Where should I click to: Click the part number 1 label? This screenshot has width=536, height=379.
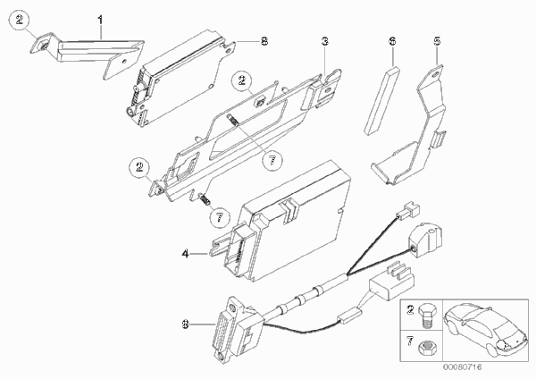(x=100, y=21)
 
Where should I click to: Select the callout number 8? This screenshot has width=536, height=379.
(x=264, y=41)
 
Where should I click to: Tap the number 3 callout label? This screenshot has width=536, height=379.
(x=325, y=41)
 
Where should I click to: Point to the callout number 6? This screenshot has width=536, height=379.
(x=392, y=41)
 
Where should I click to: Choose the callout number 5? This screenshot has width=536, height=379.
(x=437, y=41)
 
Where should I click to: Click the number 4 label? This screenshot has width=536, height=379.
(x=185, y=254)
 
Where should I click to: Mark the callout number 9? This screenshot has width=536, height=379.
(x=185, y=324)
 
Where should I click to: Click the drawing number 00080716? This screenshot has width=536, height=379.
(x=462, y=367)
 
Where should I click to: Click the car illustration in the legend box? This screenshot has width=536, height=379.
(x=485, y=330)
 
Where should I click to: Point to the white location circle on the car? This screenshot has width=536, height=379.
(x=501, y=345)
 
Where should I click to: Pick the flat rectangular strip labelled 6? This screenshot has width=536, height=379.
(x=381, y=100)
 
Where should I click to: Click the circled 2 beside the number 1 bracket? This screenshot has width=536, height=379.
(x=20, y=21)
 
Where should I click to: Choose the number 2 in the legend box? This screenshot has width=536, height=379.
(x=410, y=310)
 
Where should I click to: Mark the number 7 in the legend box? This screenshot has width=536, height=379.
(x=410, y=341)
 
